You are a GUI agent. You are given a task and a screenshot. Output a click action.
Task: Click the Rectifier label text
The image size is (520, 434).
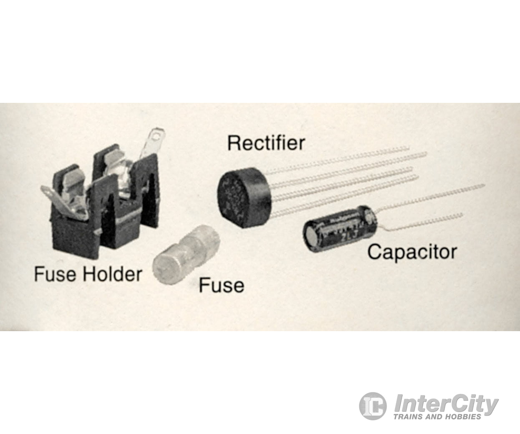click(266, 143)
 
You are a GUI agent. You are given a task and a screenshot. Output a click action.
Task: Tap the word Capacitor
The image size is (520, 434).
click(412, 252)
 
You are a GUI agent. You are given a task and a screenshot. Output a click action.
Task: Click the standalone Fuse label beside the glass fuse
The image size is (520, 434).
click(221, 285)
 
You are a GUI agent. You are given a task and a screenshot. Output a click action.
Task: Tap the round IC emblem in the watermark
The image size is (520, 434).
click(372, 406)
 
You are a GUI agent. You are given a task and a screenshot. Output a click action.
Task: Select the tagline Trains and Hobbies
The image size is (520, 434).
click(437, 416)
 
